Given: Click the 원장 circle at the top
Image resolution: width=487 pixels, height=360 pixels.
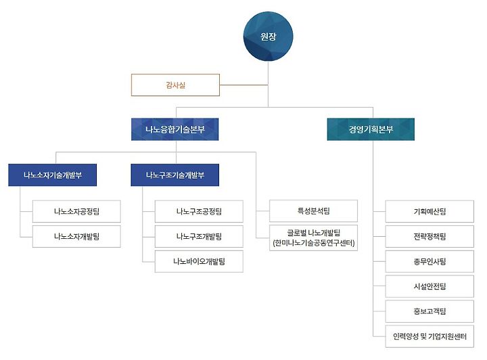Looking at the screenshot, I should [268, 37].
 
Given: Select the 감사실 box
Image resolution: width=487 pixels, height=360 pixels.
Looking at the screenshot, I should [175, 85].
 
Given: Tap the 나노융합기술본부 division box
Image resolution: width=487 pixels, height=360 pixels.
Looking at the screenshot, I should [175, 129].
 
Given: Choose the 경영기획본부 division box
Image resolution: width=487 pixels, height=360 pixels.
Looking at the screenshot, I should [371, 129].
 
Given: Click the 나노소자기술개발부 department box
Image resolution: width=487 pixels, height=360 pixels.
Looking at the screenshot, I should [53, 175].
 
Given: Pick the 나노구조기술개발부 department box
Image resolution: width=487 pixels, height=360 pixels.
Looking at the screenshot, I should [175, 175].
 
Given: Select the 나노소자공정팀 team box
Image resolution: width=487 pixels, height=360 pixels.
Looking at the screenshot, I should [77, 212].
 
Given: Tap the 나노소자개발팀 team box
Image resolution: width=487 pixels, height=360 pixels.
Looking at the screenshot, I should [77, 236].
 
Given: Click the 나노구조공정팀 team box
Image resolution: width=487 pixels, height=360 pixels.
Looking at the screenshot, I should [199, 212].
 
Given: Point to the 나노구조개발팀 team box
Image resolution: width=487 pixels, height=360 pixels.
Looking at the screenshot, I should [199, 236].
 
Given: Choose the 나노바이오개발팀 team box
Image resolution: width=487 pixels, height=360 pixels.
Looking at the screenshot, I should [199, 261].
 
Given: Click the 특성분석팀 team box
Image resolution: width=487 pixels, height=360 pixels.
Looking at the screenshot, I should [313, 210].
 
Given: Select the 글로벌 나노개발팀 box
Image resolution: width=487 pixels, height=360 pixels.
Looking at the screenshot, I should [313, 233].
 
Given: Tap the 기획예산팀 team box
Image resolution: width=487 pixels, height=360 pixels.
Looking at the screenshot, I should [430, 212].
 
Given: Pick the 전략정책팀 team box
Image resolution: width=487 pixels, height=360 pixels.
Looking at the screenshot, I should [430, 236].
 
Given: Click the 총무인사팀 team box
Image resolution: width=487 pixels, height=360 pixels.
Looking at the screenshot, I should [430, 261].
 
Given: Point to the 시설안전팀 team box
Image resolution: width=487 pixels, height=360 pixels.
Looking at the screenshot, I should [430, 286].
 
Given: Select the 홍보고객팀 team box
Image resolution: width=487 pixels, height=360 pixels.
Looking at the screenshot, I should [430, 311].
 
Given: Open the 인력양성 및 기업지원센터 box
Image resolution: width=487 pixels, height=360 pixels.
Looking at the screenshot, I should [430, 336].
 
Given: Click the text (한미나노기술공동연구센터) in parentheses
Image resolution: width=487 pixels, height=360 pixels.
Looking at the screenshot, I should [313, 243].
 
